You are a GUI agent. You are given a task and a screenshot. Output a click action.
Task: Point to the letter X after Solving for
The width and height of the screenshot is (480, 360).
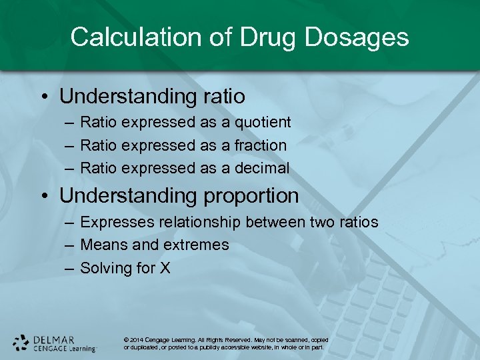point(165,268)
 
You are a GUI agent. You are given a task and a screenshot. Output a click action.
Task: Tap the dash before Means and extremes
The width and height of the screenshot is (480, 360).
point(69,245)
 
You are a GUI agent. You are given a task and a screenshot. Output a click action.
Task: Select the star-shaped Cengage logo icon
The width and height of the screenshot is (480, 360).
point(21,342)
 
